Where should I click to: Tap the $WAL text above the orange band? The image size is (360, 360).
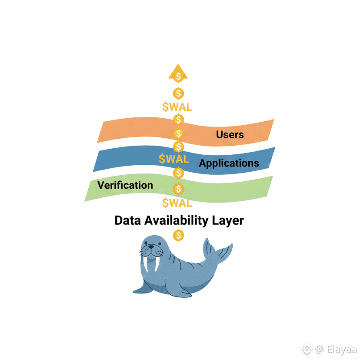pos(177,107)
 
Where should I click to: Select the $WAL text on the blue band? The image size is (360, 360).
pos(174,159)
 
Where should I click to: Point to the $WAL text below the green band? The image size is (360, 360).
pos(177,203)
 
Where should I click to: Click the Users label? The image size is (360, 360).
pos(230,134)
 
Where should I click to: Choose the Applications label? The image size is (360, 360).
pos(229,163)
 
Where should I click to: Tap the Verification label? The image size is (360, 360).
pos(125,185)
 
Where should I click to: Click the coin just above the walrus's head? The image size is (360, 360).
pos(178,236)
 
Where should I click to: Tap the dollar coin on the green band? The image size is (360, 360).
pos(178,189)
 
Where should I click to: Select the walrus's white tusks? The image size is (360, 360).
pos(150,264)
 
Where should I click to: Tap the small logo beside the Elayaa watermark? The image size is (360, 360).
pos(308,349)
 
